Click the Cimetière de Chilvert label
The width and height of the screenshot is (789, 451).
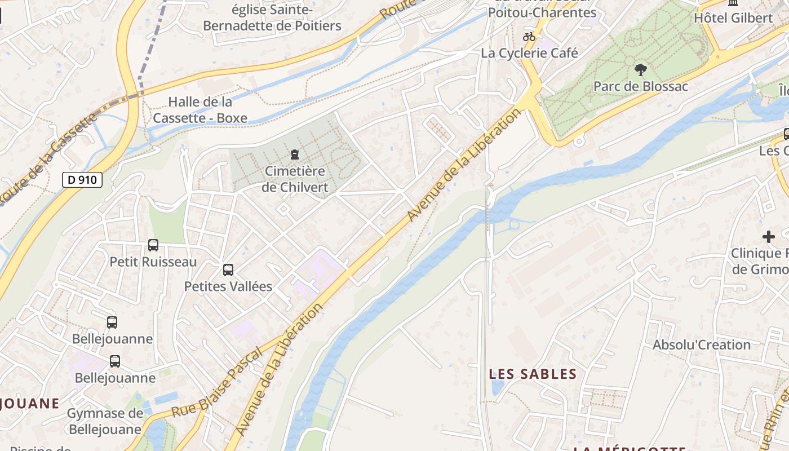(295, 179)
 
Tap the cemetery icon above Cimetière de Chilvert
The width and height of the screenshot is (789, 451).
(294, 154)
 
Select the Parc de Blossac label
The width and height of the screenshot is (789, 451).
(641, 86)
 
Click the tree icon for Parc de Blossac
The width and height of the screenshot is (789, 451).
(640, 70)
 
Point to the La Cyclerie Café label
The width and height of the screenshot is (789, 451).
(529, 53)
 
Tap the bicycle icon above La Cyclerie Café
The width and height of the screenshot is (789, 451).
(529, 37)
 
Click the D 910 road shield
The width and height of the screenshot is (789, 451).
(82, 180)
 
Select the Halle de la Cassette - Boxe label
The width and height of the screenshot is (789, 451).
(200, 110)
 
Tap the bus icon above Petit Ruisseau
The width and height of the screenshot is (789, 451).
(153, 245)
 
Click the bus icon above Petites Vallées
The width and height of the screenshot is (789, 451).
(228, 269)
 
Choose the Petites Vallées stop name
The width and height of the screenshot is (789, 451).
(228, 286)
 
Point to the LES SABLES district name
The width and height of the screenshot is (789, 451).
(533, 374)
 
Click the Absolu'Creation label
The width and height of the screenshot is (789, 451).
(702, 344)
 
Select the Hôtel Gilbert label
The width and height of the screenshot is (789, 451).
(733, 17)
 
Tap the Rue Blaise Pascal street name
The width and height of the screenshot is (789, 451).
(217, 382)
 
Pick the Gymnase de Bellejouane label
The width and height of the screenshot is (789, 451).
(105, 421)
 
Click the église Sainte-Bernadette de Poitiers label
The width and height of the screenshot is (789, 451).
(272, 18)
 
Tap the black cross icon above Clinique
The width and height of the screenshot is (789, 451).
(769, 237)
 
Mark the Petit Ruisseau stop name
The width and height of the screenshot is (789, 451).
(153, 262)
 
